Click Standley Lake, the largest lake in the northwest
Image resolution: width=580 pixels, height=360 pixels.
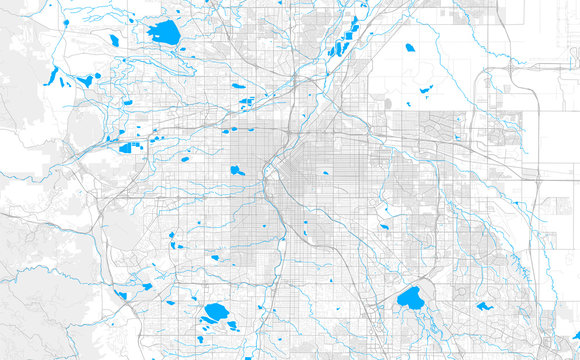point(164,33)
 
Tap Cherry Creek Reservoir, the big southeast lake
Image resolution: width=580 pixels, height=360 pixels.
point(410,298)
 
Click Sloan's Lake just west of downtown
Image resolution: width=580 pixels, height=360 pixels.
point(238,170)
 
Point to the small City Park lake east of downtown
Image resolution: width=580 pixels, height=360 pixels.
point(325,172)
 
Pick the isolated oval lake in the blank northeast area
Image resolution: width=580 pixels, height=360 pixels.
point(410,47)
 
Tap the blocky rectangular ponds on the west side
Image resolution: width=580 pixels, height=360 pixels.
point(127,148)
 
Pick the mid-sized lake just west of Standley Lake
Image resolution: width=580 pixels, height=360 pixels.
point(114,41)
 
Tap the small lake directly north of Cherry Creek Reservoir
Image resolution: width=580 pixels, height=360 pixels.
point(383,209)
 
